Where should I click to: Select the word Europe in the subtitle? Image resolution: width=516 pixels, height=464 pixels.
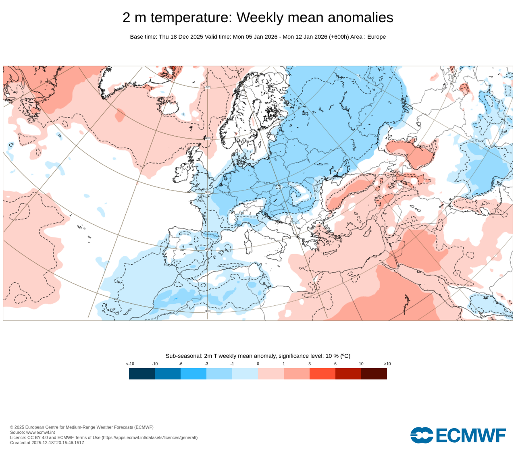pos(376,37)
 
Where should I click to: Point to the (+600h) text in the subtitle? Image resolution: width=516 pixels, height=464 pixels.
pos(339,37)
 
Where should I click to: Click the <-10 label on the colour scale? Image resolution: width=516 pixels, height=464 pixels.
pos(130,364)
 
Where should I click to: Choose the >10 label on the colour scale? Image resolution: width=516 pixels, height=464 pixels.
pos(387,364)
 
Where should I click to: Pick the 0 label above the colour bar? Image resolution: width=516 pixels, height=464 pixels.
pos(258,364)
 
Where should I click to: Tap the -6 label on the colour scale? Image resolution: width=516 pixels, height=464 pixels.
pos(181,364)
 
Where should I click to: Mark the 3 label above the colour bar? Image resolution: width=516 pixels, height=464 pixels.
pos(310,364)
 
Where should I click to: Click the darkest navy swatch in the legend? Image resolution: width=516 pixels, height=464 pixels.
pos(142,374)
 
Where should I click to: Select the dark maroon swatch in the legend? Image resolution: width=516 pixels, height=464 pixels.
pos(374,374)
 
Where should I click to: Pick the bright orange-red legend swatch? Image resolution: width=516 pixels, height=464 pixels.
pos(322,374)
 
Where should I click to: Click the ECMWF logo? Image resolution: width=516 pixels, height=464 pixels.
pos(458,435)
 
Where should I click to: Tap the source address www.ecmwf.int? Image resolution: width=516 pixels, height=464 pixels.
pos(40,432)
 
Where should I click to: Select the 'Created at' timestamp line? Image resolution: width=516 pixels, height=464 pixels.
pos(47,443)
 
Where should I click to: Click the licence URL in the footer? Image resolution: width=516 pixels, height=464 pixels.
pos(149,437)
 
